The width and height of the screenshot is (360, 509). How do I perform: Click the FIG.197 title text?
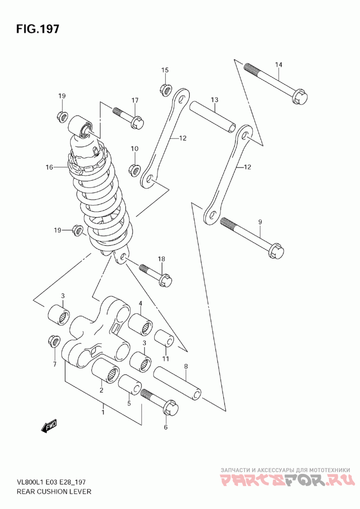(38, 29)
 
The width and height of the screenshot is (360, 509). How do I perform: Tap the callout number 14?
(279, 65)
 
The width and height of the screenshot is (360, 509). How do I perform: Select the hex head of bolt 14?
(300, 96)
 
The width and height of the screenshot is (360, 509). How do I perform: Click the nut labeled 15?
(166, 89)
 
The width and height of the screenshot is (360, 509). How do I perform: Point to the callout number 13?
(214, 100)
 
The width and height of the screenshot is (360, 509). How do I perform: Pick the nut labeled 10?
(135, 169)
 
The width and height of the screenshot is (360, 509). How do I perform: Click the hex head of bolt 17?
(137, 123)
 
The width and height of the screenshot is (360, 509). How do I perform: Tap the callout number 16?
(49, 167)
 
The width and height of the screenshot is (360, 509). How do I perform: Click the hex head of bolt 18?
(165, 280)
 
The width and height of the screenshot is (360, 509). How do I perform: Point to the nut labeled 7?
(54, 341)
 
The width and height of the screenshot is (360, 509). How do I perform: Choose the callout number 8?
(186, 366)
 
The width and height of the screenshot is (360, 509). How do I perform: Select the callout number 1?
(103, 412)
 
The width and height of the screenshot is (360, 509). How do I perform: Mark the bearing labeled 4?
(141, 323)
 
